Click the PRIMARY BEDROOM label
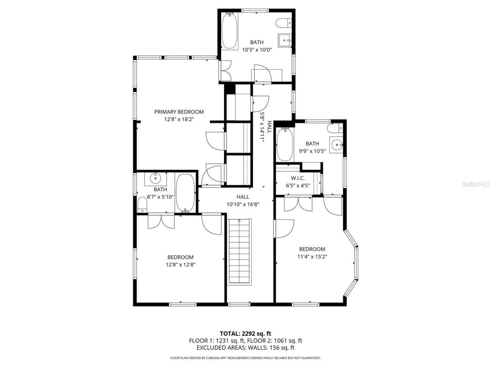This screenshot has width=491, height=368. click(x=179, y=112)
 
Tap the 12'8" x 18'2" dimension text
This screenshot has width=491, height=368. click(x=179, y=119)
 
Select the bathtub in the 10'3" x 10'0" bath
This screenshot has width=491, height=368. click(x=230, y=31)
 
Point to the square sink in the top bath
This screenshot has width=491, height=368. click(x=285, y=39)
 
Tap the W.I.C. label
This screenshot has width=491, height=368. click(x=298, y=178)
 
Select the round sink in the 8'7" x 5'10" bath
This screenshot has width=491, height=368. click(x=155, y=178)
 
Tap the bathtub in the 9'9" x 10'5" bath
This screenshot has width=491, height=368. click(x=285, y=145)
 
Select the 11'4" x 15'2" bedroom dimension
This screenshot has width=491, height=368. click(x=312, y=257)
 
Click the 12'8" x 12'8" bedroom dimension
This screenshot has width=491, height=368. click(x=180, y=264)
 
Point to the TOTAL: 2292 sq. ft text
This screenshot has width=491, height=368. click(x=245, y=333)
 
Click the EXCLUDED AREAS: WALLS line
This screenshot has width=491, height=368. click(x=245, y=348)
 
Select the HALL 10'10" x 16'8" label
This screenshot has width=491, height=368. click(x=243, y=200)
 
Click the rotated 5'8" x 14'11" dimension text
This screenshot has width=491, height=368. click(x=263, y=127)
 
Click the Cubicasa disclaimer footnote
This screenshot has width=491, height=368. click(x=245, y=358)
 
